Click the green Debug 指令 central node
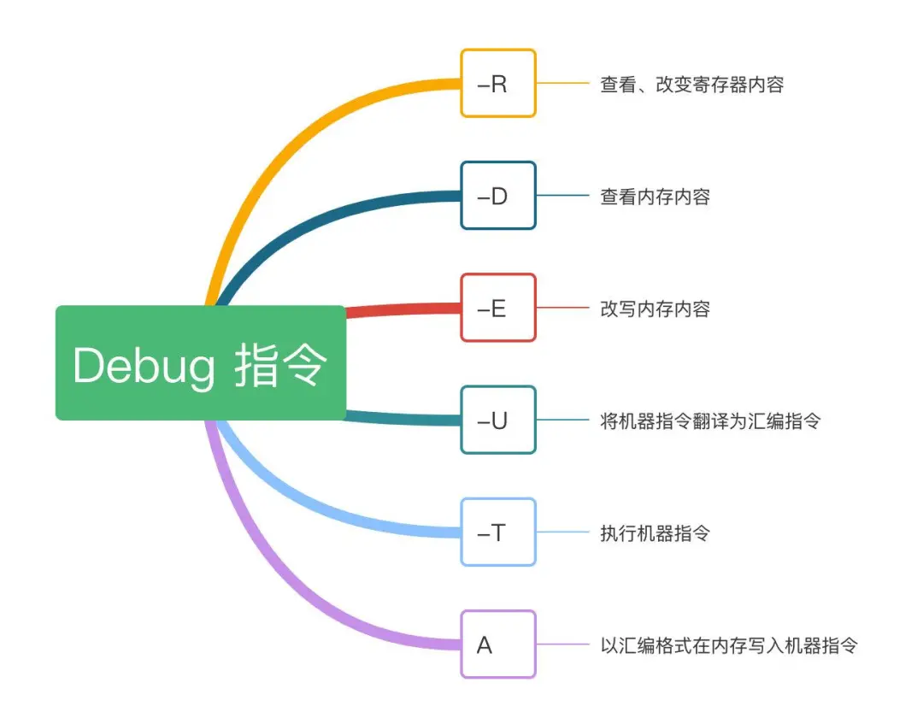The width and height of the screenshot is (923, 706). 200,363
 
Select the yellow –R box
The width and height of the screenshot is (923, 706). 498,84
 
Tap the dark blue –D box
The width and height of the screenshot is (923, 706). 498,196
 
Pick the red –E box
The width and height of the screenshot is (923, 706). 498,308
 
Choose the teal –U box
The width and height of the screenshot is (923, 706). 498,420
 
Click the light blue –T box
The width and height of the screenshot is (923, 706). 498,532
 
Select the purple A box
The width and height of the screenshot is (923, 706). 498,644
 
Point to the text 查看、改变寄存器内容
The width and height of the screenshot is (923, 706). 691,85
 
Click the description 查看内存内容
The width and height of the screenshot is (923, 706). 655,197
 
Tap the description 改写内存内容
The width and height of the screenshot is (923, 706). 655,309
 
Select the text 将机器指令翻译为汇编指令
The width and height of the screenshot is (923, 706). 710,421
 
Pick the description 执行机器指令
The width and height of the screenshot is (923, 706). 655,533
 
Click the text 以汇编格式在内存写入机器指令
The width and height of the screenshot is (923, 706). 729,645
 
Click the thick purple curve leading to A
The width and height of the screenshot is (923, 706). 282,581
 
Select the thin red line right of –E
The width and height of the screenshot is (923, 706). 562,308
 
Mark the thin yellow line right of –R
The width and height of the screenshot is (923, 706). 562,84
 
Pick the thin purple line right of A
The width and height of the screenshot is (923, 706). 562,644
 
